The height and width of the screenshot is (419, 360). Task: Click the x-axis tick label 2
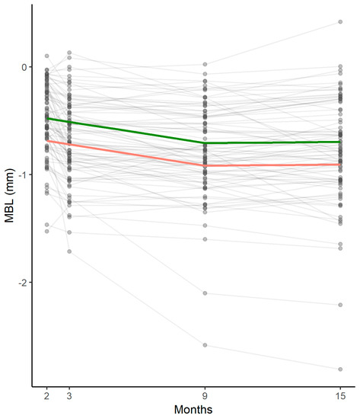tap(46, 395)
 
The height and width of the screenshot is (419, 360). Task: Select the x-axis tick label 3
tap(70, 395)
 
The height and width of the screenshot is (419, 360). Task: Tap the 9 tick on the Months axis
tap(205, 395)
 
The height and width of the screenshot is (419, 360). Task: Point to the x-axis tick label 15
tap(339, 395)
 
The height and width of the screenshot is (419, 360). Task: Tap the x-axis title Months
tap(193, 410)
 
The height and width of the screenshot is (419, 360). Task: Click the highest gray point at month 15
tap(339, 22)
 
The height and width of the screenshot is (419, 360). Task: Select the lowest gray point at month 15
tap(339, 369)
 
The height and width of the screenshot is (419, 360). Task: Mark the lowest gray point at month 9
tap(205, 345)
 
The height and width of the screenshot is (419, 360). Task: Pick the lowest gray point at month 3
tap(70, 251)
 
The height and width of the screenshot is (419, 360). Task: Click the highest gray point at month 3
tap(70, 53)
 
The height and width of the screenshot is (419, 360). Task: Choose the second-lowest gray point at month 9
tap(205, 293)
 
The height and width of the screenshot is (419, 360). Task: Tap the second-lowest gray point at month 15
tap(339, 305)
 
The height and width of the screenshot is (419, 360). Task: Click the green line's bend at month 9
tap(205, 142)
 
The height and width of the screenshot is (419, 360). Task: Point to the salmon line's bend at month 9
tap(205, 165)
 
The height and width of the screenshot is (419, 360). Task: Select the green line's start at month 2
tap(46, 118)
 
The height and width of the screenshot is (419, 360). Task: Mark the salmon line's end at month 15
tap(339, 164)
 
